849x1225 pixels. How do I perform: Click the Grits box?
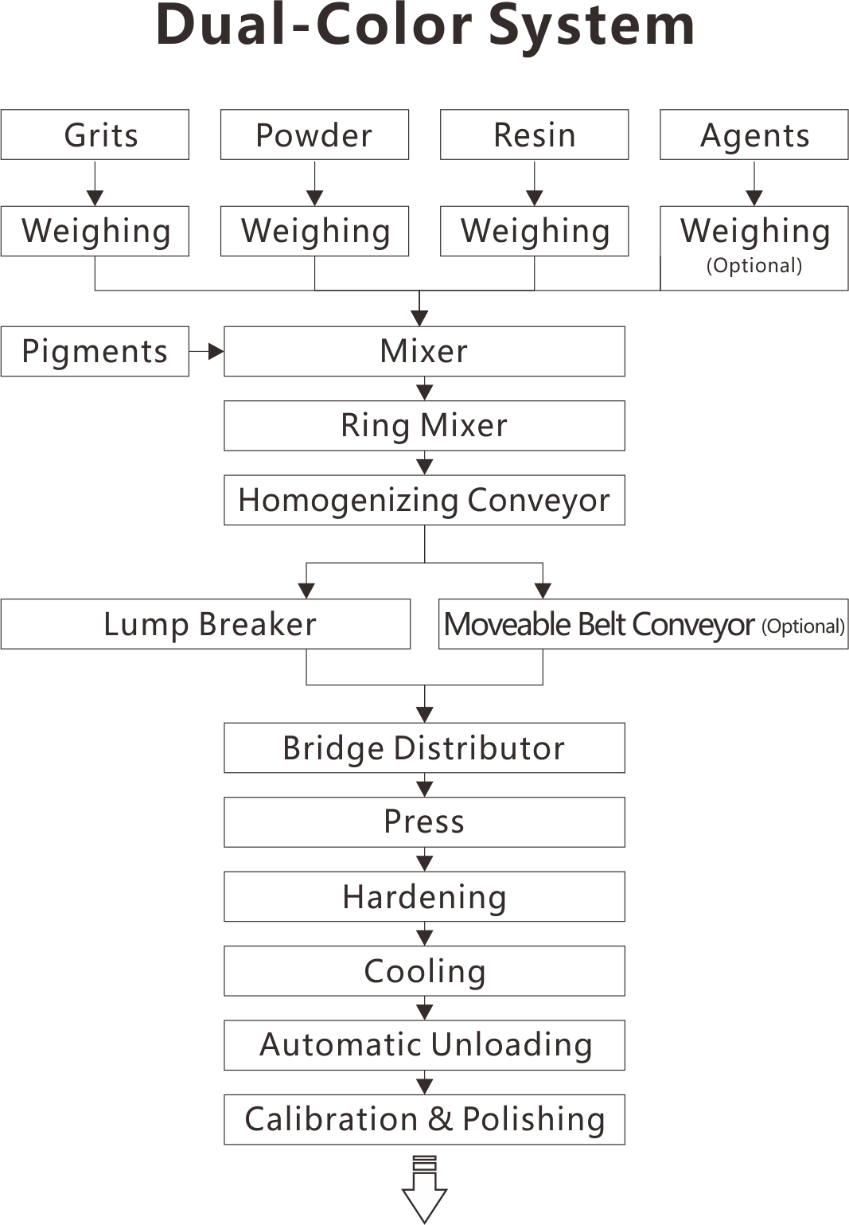tap(95, 135)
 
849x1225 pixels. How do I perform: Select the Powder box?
tap(314, 135)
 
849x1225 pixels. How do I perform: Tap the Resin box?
tap(534, 135)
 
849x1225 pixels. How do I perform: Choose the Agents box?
tap(754, 135)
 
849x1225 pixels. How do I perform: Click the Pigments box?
tap(95, 351)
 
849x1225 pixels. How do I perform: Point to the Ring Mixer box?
tap(424, 426)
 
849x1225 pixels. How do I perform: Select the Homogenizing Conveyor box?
tap(424, 500)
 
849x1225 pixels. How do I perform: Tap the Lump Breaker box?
tap(205, 624)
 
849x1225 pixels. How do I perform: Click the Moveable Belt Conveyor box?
tap(644, 624)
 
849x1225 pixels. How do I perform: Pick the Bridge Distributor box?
tap(424, 747)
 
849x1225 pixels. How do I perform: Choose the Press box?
tap(424, 822)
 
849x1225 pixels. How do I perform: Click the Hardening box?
tap(424, 896)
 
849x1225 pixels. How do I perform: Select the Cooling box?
tap(424, 971)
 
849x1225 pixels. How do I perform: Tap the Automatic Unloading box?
tap(424, 1045)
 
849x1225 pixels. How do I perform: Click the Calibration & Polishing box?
tap(424, 1119)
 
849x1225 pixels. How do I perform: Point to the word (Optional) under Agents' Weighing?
tap(754, 266)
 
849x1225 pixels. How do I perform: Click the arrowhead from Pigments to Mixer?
tap(216, 352)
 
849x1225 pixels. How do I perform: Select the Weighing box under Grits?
tap(95, 231)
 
